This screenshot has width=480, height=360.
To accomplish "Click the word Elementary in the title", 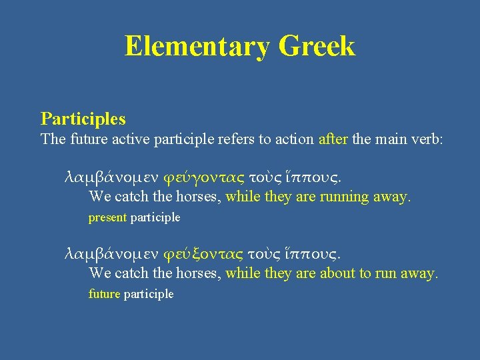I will [197, 47].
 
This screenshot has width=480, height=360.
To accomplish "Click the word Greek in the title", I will [317, 47].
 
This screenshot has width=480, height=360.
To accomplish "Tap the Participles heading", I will [83, 119].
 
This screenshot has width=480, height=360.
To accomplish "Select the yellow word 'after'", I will [333, 139].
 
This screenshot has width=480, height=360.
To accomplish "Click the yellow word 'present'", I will [108, 217].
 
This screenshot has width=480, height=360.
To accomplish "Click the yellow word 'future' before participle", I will [104, 294].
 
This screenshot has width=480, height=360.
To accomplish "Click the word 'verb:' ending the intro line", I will [427, 139].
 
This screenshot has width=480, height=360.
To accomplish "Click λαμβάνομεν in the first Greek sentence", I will [111, 177].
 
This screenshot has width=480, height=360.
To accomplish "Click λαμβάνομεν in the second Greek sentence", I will [111, 254].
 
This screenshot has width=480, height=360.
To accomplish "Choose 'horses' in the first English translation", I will [199, 197].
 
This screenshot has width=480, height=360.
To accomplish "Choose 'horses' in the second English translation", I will [199, 273].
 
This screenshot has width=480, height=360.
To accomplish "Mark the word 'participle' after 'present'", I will [155, 217].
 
